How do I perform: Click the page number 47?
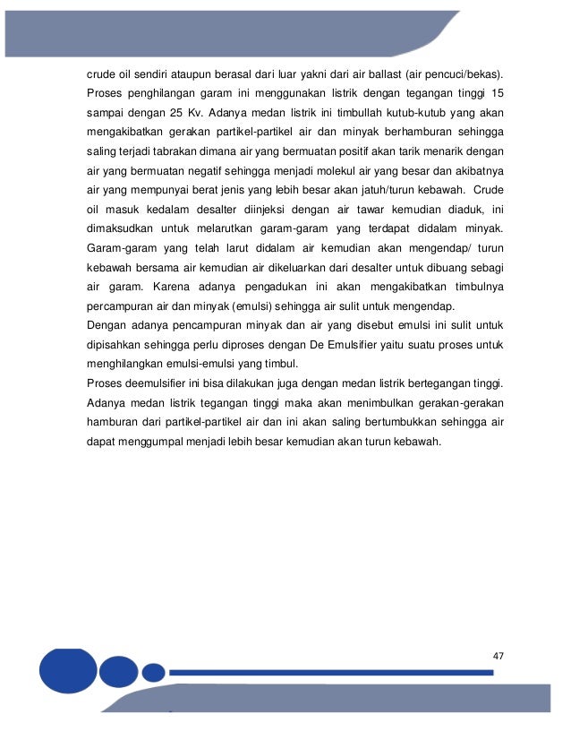[x=499, y=656]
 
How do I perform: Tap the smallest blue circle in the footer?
[x=154, y=672]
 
